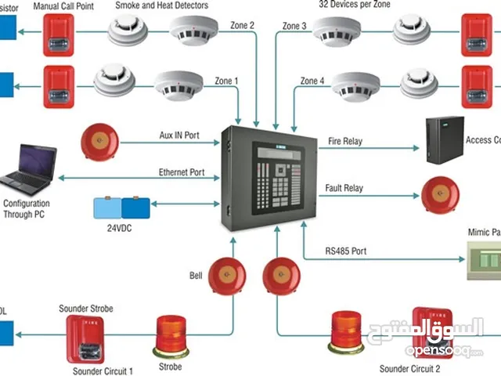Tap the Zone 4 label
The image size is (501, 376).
click(x=311, y=81)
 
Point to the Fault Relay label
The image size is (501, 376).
click(x=344, y=188)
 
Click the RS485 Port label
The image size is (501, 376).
click(x=345, y=252)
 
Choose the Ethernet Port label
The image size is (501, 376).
click(x=181, y=172)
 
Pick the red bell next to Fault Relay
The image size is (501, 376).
click(x=440, y=194)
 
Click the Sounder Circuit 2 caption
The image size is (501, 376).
click(x=409, y=368)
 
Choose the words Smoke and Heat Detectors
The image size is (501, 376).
click(x=162, y=5)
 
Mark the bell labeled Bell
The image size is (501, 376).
click(x=227, y=275)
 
